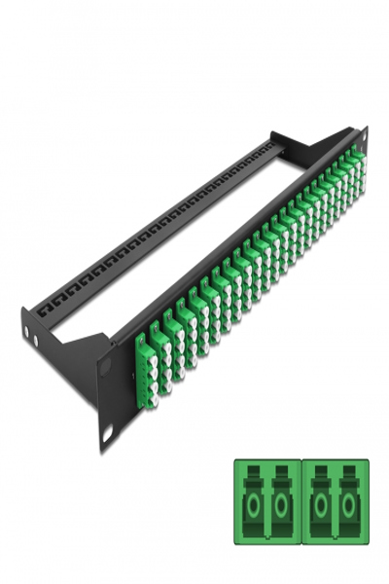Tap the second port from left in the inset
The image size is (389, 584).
point(282,504)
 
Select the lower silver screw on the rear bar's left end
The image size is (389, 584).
point(35,343)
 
